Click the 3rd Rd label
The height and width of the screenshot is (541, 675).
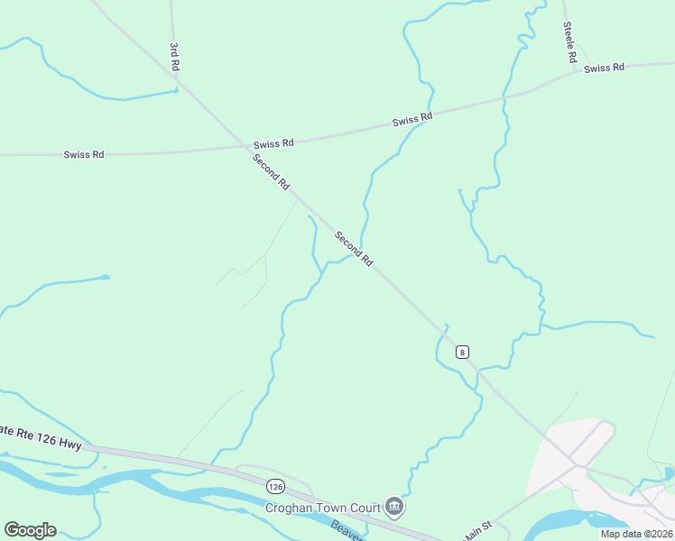pyautogui.click(x=175, y=56)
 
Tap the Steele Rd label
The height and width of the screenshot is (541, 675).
pyautogui.click(x=569, y=42)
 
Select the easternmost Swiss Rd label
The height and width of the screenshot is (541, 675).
pyautogui.click(x=604, y=69)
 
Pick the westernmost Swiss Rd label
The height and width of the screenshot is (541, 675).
pyautogui.click(x=84, y=154)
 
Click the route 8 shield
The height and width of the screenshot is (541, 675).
pyautogui.click(x=462, y=352)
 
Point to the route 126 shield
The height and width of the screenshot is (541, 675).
pyautogui.click(x=276, y=487)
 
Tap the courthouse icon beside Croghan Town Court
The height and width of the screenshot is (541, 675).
pyautogui.click(x=394, y=508)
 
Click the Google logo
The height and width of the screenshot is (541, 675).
pyautogui.click(x=30, y=530)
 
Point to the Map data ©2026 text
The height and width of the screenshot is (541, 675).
pyautogui.click(x=636, y=534)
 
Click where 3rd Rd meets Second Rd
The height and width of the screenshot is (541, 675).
pyautogui.click(x=179, y=82)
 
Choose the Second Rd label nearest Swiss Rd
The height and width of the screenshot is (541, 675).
pyautogui.click(x=271, y=172)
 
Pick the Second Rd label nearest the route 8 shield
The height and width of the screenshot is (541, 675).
pyautogui.click(x=353, y=249)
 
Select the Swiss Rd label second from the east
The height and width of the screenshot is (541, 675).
pyautogui.click(x=412, y=119)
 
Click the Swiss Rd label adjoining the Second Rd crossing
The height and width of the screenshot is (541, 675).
pyautogui.click(x=273, y=143)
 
